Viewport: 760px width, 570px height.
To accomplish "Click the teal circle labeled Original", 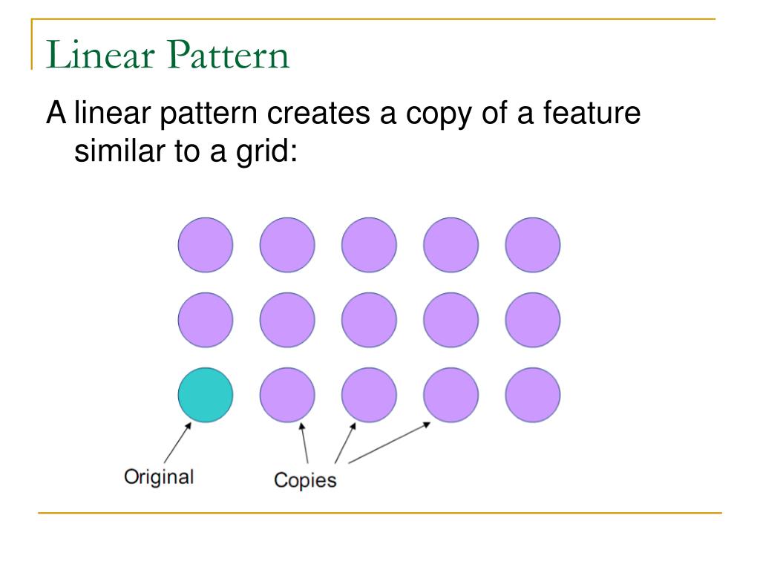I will tap(206, 395).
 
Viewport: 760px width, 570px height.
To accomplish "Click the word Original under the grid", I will tap(158, 476).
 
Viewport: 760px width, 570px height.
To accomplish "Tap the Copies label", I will tap(305, 480).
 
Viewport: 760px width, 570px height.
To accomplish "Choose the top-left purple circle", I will tap(206, 245).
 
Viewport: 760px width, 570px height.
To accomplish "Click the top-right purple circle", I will tap(533, 245).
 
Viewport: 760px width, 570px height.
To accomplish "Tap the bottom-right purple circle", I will tap(533, 395).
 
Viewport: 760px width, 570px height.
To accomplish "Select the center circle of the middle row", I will tap(369, 320).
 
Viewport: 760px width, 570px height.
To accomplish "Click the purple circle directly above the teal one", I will tap(206, 320).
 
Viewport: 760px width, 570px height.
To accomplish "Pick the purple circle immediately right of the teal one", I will tap(287, 395).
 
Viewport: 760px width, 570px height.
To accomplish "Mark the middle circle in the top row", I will tap(369, 245).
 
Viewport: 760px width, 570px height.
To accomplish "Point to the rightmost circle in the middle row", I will tap(533, 320).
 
